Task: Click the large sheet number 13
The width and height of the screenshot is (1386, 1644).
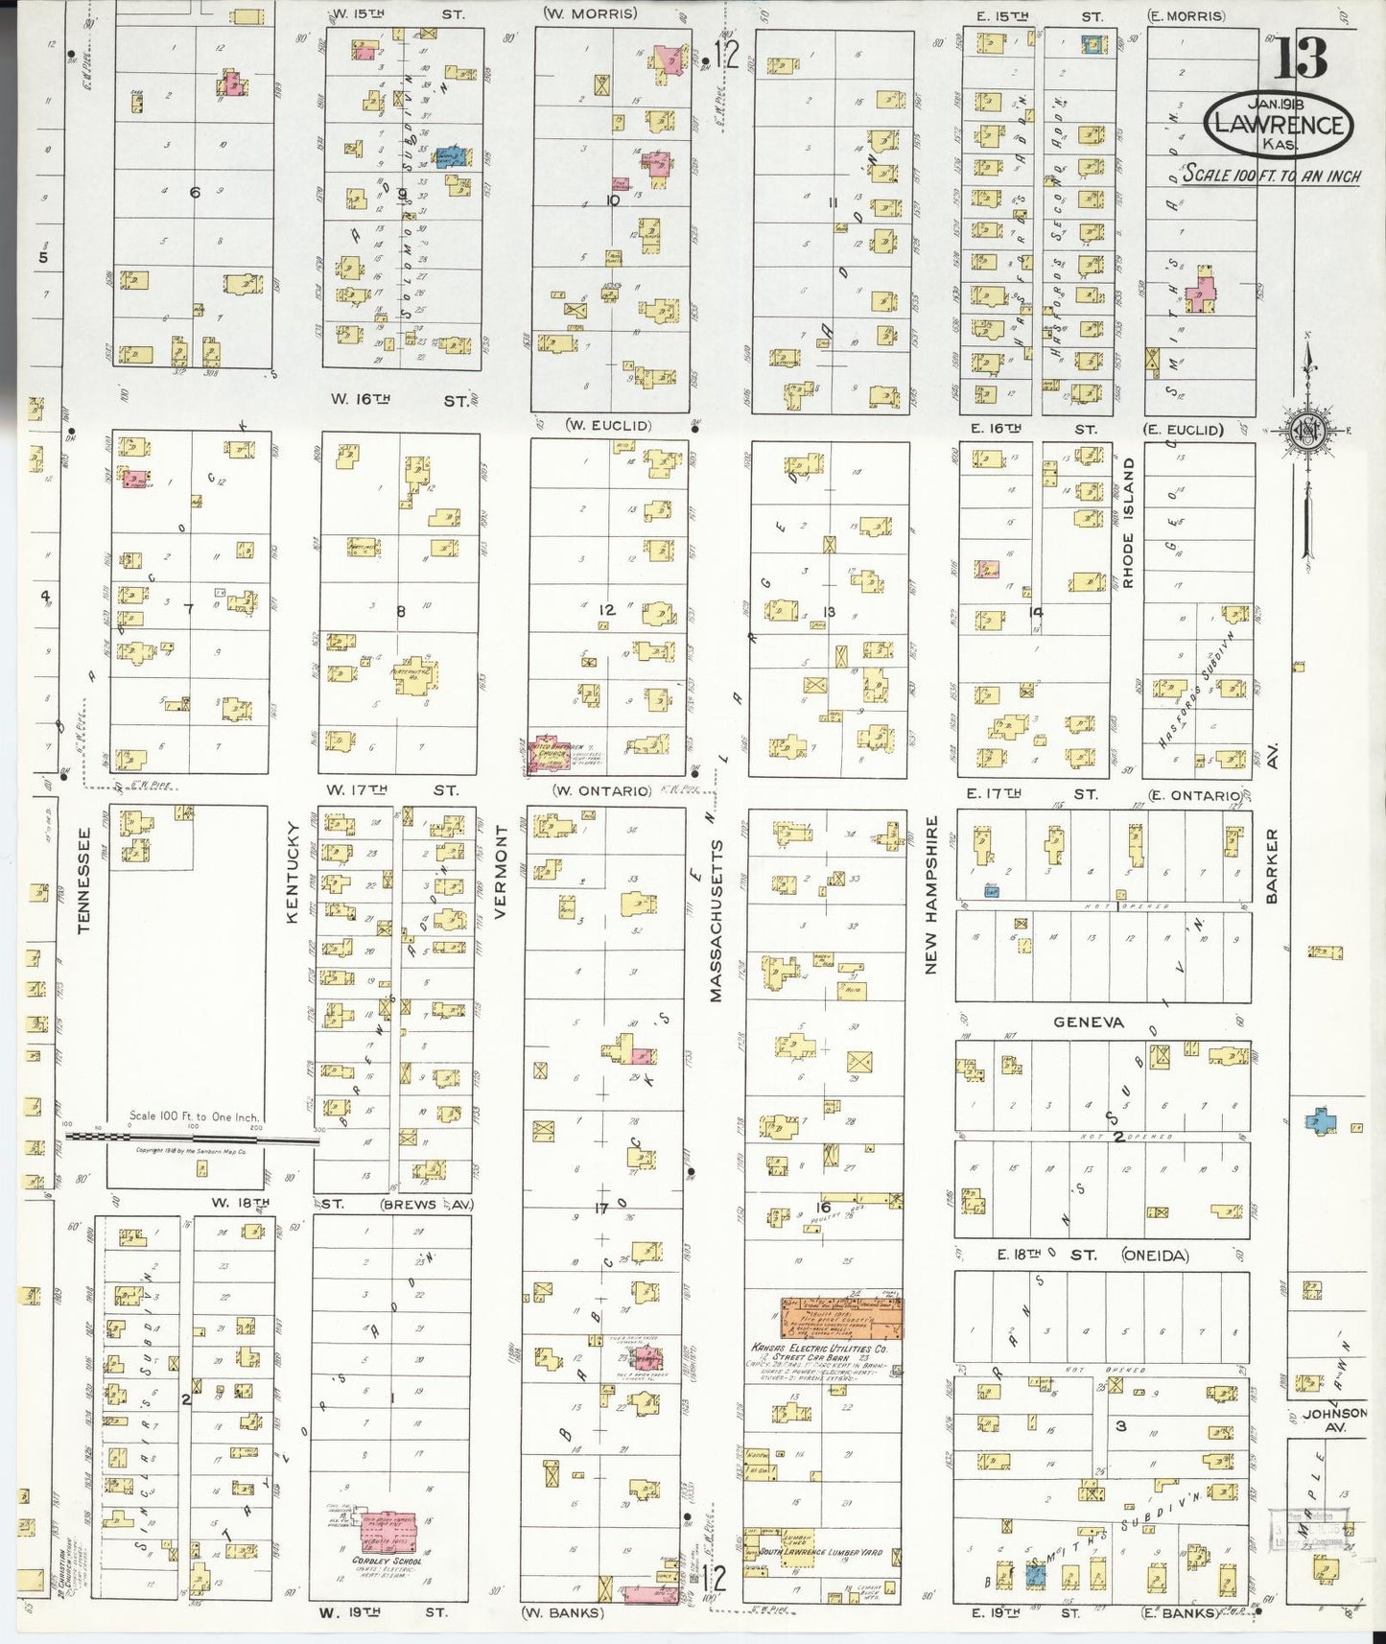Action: pos(1301,59)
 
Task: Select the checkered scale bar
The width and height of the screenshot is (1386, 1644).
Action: pos(192,1139)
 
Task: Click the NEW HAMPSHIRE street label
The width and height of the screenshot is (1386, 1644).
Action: pos(930,896)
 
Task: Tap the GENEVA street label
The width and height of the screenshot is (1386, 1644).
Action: pos(1088,1022)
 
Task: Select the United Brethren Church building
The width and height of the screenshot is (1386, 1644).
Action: pos(547,755)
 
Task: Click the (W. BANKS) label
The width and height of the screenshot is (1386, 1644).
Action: pos(562,1612)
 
